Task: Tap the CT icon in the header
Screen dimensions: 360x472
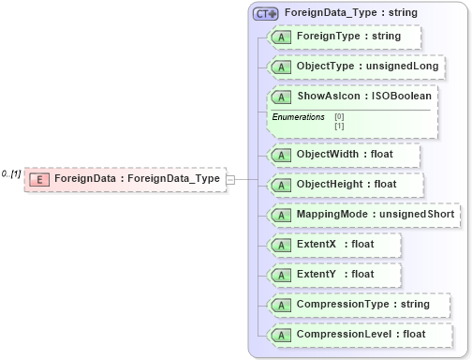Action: [266, 14]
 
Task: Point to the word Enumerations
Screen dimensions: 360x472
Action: [298, 117]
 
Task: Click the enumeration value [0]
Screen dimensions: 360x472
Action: [339, 116]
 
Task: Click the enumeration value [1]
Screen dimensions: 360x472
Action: [339, 125]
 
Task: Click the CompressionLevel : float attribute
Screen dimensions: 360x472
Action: [361, 334]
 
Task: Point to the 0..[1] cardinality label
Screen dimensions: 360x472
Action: [11, 173]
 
